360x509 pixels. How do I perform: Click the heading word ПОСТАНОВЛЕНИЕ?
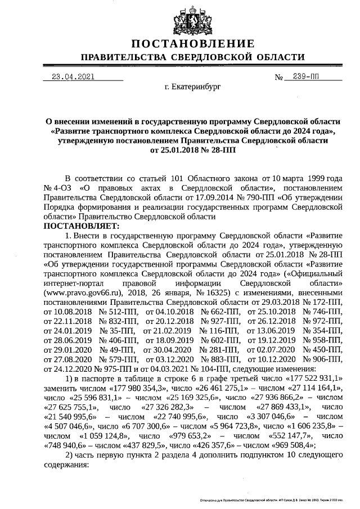point(192,44)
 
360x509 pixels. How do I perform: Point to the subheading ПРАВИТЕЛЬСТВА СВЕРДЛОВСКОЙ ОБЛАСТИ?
point(192,58)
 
